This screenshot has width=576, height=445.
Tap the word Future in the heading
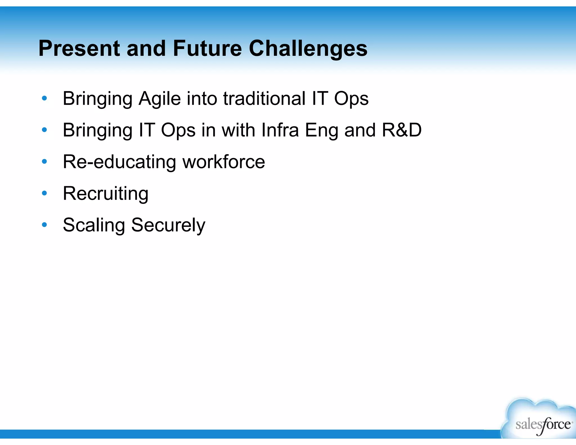[207, 48]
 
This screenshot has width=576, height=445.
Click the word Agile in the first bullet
[159, 99]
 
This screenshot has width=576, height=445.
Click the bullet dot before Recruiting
[44, 193]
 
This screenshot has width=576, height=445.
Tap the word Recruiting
[105, 194]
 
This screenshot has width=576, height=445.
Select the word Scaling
[94, 225]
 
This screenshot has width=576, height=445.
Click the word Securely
[168, 225]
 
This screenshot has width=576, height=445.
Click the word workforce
[224, 162]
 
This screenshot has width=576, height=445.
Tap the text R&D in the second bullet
[402, 130]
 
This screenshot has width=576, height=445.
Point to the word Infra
[280, 130]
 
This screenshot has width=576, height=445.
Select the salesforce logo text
[543, 424]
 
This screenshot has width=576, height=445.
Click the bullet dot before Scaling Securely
[44, 225]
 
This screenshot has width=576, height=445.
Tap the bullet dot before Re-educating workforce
[44, 161]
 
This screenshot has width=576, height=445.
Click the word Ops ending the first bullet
[351, 99]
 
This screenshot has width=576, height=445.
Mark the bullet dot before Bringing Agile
[44, 98]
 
